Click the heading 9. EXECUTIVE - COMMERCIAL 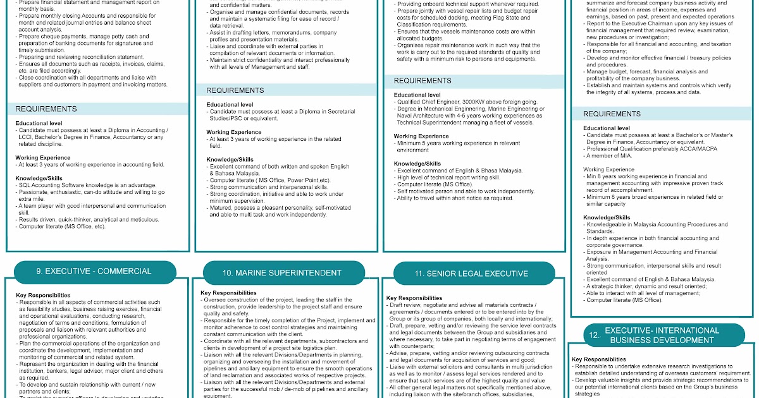94,271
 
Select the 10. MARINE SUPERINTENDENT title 283,273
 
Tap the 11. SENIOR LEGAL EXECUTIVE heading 471,274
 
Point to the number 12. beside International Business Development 593,336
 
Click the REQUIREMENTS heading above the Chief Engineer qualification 423,81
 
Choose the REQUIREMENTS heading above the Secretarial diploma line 235,90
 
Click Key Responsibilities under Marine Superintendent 228,293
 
